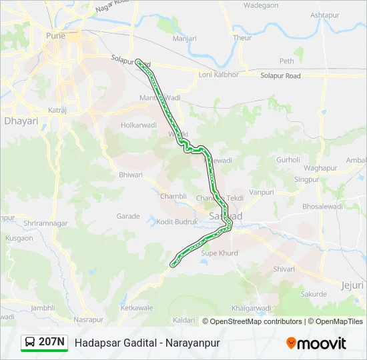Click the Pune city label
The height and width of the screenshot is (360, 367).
tap(55, 35)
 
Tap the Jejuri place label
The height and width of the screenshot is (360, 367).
tap(353, 285)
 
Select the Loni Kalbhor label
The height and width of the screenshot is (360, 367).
tap(218, 75)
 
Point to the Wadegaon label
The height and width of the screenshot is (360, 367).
tap(261, 5)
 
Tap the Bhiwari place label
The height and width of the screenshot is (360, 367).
tap(131, 175)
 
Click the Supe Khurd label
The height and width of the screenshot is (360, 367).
tap(220, 253)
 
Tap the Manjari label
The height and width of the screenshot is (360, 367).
tap(184, 39)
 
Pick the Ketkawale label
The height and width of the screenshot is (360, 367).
tap(137, 308)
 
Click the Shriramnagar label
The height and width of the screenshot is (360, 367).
tap(42, 223)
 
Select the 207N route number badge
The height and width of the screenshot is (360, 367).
tap(51, 342)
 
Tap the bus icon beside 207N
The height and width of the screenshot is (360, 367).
tap(30, 343)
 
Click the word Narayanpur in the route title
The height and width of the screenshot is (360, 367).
tap(190, 343)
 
